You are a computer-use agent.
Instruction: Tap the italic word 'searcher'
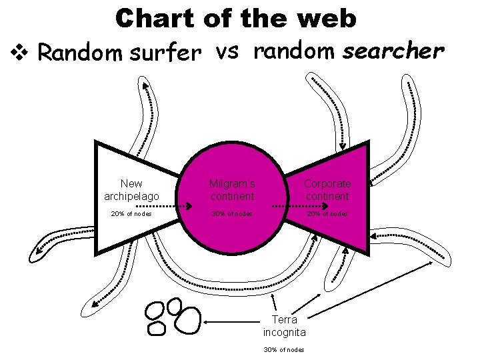point(393,51)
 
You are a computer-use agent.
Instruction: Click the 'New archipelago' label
point(131,190)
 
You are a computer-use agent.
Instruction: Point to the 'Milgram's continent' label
point(231,190)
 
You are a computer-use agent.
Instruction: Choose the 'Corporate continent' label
point(327,190)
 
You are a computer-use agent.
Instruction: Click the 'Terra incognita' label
point(285,326)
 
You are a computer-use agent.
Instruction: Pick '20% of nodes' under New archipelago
point(131,214)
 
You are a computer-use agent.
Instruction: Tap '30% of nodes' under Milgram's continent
point(231,214)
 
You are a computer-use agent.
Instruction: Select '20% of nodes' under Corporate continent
point(327,214)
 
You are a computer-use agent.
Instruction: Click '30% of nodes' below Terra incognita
point(284,349)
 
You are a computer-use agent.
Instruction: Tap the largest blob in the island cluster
point(188,319)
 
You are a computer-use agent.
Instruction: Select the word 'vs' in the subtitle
point(228,51)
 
